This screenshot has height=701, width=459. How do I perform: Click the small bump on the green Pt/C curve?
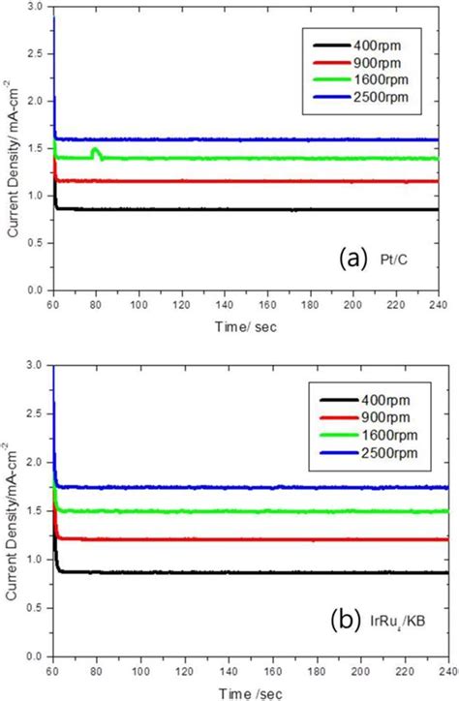coord(95,152)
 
